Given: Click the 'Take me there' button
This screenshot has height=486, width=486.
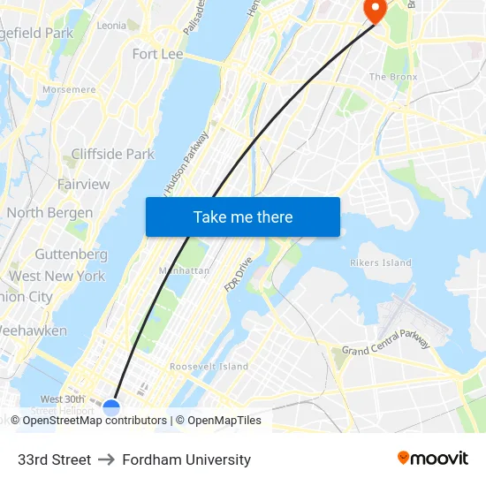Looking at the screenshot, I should tap(243, 217).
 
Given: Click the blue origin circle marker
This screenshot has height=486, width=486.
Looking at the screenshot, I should tap(111, 407).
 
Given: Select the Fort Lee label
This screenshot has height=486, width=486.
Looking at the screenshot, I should tap(157, 55).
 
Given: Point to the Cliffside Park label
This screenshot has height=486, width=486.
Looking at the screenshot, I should tap(112, 154).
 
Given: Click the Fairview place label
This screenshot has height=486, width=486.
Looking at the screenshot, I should tap(84, 185).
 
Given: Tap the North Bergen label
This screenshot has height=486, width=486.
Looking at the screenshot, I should tap(49, 213).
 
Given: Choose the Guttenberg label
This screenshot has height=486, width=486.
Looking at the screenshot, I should tap(71, 254).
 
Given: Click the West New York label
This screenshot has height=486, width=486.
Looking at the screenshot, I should tap(57, 276).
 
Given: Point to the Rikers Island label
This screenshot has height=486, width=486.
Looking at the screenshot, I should tap(381, 262).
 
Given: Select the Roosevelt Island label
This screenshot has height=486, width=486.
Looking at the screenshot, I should tap(209, 367).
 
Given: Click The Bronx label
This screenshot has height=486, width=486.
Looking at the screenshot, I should tap(389, 77).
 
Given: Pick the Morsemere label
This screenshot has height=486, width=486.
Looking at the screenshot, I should tap(69, 90).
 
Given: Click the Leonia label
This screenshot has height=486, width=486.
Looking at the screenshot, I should tap(111, 26).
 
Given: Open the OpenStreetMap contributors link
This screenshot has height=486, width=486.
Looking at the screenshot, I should tap(95, 421).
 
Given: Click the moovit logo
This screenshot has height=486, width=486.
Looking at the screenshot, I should tap(433, 459).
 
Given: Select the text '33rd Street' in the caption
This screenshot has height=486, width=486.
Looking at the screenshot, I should tap(54, 459).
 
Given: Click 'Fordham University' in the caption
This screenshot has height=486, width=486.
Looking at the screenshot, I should tap(186, 459).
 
